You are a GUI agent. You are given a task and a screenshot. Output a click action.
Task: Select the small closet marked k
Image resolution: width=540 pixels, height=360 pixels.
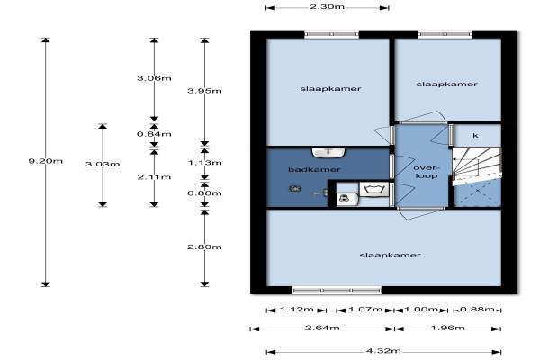click(475, 136)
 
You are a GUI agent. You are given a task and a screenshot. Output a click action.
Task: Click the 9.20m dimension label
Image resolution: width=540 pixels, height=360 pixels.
click(46, 161)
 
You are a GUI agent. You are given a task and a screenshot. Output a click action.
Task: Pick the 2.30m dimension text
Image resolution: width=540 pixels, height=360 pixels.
click(327, 7)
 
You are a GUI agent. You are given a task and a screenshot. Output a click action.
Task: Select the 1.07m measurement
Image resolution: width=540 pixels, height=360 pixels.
click(369, 310)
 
